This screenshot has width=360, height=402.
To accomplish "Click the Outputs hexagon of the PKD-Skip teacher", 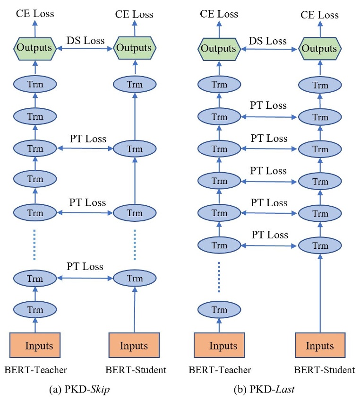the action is click(x=35, y=48).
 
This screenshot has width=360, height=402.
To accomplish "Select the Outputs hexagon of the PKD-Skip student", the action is click(x=135, y=48).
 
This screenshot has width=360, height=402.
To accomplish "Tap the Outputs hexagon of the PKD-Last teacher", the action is click(x=219, y=49).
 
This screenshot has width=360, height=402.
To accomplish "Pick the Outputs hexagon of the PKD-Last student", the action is click(x=320, y=49).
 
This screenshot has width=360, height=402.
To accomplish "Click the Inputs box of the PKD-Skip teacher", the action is click(x=35, y=345).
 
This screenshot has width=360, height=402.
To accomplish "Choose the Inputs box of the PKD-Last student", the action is click(x=320, y=345).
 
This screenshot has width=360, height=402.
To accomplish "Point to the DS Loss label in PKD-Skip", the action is click(x=86, y=41).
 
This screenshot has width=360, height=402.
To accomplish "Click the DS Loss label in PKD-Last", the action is click(x=267, y=41).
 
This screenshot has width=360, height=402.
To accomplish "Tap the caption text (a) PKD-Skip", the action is click(x=79, y=389).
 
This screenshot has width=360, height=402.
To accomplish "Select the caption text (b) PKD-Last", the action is click(x=264, y=389).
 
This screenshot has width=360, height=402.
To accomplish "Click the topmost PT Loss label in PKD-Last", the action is click(x=268, y=105).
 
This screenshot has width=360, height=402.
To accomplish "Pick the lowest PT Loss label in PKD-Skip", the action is click(x=85, y=267).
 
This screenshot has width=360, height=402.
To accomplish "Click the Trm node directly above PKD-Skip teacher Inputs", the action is click(x=35, y=309).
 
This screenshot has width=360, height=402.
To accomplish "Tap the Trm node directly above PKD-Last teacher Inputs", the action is click(x=219, y=309).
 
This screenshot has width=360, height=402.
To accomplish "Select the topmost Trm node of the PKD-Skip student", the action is click(x=135, y=84).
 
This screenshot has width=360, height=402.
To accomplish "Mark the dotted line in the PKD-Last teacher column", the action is click(x=219, y=277).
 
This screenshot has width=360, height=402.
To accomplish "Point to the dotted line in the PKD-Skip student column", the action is click(x=135, y=245).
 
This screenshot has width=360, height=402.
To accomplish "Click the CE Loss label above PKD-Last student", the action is click(x=319, y=15).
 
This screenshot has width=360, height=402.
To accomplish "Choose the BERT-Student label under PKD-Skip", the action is click(x=136, y=370).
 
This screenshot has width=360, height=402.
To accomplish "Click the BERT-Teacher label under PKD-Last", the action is click(x=220, y=370).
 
